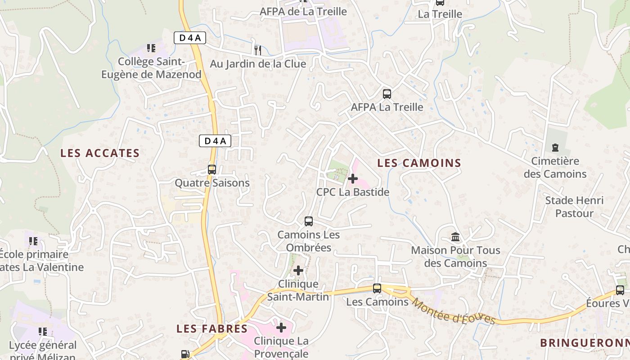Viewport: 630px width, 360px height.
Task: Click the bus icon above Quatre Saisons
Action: point(212,170)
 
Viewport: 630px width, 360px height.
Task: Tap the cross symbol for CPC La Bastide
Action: point(353,179)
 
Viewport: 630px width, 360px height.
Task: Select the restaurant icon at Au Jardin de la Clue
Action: point(258,50)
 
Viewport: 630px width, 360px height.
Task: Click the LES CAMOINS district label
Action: point(419,163)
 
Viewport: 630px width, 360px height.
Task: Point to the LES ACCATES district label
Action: point(100,153)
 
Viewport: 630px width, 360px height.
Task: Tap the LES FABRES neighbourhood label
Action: point(212,328)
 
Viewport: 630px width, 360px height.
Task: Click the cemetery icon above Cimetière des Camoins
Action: point(555,148)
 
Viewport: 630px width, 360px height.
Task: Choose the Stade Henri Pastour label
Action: point(574,207)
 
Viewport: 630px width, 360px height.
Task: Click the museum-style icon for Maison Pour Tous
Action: point(455,237)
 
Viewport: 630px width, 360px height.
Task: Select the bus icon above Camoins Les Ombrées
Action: point(309,221)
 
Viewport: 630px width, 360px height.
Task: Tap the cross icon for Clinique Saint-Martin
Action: point(298,270)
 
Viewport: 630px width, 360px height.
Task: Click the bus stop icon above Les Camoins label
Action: point(377,288)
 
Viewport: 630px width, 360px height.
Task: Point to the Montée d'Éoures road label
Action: point(453,311)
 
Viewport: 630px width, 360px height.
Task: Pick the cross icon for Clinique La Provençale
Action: point(281,328)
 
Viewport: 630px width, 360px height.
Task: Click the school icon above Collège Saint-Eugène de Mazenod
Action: point(151,48)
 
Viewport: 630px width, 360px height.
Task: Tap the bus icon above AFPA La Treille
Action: point(387,94)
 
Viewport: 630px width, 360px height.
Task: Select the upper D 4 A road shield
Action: point(190,38)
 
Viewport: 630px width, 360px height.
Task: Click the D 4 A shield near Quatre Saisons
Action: point(215,141)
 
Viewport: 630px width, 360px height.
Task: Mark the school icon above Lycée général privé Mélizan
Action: point(43,332)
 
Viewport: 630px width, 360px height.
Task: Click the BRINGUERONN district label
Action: point(585,343)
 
